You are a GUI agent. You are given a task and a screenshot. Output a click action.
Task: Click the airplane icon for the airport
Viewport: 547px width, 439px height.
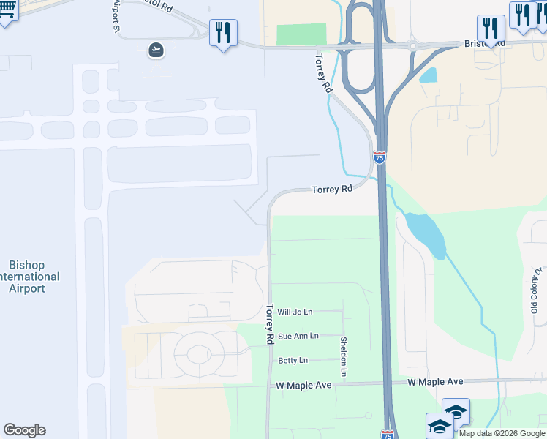pos(155,50)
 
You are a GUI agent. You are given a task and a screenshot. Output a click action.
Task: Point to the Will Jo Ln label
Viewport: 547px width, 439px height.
pos(295,312)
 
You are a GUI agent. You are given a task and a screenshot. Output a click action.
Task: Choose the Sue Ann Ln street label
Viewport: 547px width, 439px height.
pos(298,336)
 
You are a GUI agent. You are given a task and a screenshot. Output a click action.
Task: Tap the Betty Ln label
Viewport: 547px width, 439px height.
pos(293,360)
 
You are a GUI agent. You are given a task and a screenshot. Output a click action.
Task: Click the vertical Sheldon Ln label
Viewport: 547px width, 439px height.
pos(342,357)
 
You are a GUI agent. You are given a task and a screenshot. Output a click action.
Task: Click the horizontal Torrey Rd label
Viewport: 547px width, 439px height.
pos(332,189)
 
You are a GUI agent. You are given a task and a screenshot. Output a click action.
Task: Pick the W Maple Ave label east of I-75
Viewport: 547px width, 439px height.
pos(435,382)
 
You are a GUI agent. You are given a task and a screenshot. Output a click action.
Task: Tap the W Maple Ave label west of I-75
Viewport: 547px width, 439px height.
pos(303,385)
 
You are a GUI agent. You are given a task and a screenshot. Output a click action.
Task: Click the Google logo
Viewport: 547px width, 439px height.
pos(24,430)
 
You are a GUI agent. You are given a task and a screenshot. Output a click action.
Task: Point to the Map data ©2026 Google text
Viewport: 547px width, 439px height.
pos(501,433)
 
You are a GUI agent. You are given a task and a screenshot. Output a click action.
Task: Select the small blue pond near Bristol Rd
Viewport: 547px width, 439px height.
pos(428,75)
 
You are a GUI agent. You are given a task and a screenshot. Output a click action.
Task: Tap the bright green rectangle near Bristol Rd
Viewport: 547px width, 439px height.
pos(301,34)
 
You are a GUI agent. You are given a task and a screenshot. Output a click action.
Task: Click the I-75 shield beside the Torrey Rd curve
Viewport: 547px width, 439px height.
pos(379,157)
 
